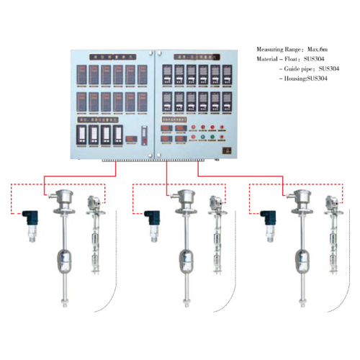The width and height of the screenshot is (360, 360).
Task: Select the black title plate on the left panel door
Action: pyautogui.click(x=113, y=54)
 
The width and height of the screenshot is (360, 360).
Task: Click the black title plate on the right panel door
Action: pyautogui.click(x=198, y=54)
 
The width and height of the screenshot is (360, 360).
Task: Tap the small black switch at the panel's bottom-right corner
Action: pyautogui.click(x=225, y=150)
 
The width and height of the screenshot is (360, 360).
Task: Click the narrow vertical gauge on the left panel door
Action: pyautogui.click(x=142, y=135)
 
